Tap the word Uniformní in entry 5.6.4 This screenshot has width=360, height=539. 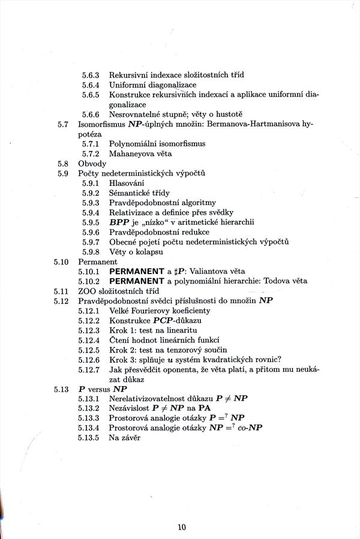pyautogui.click(x=127, y=85)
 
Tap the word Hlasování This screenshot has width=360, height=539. pyautogui.click(x=127, y=183)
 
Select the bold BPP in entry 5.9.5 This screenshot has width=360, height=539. pyautogui.click(x=119, y=222)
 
